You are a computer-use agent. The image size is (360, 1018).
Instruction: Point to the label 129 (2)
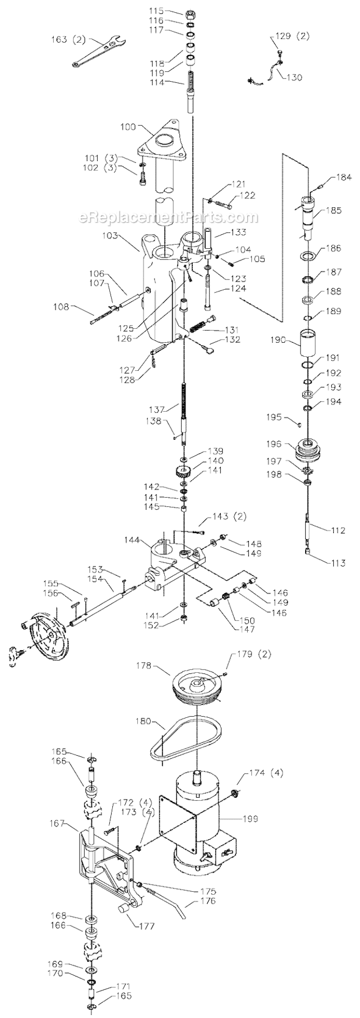[293, 36]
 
